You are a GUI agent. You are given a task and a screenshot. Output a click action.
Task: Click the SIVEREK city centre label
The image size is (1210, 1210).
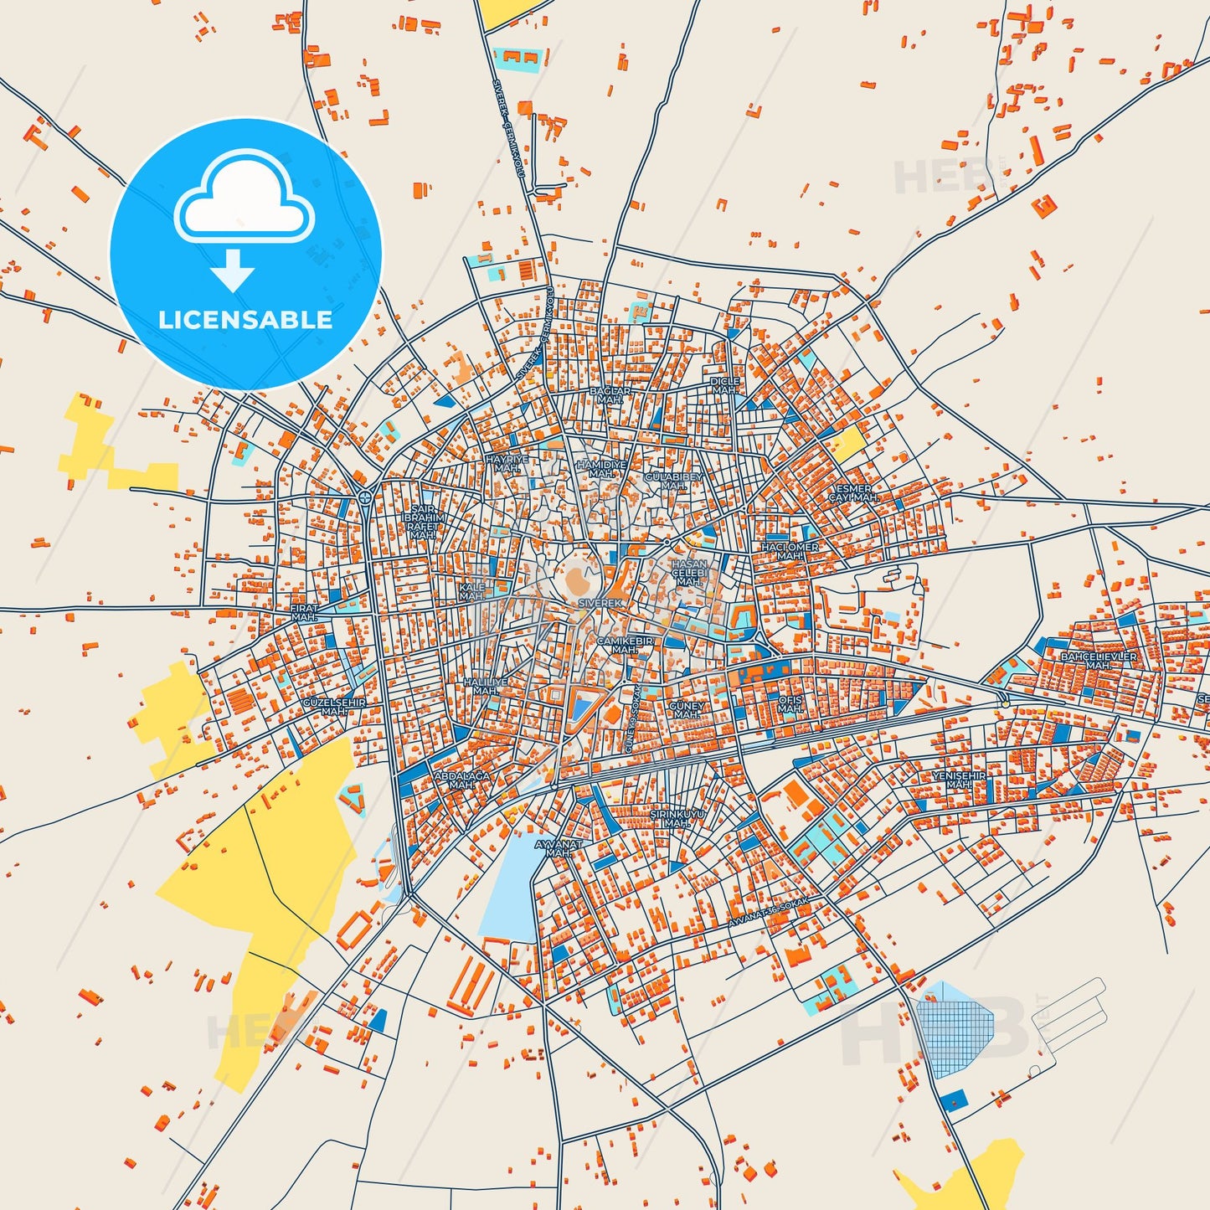tap(600, 603)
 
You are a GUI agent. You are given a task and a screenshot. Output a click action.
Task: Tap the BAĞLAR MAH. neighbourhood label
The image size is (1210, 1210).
tap(610, 395)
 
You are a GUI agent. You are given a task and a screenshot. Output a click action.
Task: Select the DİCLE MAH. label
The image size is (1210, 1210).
tap(725, 386)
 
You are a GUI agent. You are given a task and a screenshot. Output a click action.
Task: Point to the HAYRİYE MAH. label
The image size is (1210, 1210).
tap(507, 464)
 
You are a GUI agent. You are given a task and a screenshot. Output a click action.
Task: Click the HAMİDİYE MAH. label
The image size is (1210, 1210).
tap(601, 469)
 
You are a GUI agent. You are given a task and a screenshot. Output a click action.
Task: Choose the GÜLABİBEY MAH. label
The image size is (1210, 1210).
tap(674, 481)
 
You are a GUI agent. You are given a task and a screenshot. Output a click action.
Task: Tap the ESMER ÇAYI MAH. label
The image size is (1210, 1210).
tap(853, 493)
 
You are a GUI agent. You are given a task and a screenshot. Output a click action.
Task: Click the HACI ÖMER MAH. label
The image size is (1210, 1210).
tap(790, 551)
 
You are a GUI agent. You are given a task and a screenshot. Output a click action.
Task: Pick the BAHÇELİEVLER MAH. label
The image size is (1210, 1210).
tap(1099, 661)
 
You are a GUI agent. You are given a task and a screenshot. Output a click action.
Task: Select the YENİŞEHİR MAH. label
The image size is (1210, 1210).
tap(959, 780)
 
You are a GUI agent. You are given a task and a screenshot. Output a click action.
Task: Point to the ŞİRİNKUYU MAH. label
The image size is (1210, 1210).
tap(677, 819)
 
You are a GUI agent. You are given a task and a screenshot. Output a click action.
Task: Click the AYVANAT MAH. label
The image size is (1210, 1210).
tap(558, 848)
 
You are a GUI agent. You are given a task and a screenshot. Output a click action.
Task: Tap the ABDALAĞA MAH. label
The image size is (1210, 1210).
tap(461, 780)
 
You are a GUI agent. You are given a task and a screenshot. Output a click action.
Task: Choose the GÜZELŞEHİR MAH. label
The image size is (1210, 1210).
tap(333, 707)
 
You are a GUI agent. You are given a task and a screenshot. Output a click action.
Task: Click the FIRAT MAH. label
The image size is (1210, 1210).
tap(304, 613)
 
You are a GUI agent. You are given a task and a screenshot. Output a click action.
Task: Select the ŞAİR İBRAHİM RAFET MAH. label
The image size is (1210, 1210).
tap(423, 522)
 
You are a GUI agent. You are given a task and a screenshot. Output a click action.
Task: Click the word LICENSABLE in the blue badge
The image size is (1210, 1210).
tap(245, 320)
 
